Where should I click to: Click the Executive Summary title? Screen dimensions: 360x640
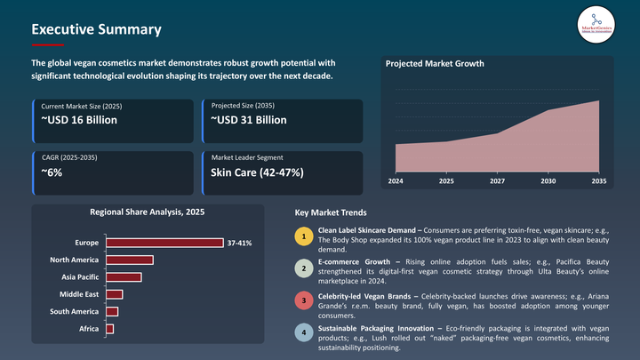click(96, 29)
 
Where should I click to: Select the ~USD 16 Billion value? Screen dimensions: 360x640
click(79, 120)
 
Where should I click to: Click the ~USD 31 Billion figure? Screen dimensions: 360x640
click(248, 120)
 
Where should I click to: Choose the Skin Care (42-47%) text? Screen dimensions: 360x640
click(257, 172)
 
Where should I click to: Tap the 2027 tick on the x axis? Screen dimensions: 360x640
click(497, 180)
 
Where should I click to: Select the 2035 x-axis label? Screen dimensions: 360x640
click(598, 180)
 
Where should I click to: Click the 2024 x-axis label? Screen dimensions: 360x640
click(396, 180)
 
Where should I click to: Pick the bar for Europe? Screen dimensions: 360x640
click(164, 243)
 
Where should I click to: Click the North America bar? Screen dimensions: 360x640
click(130, 260)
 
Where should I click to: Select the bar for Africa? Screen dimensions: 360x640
click(109, 329)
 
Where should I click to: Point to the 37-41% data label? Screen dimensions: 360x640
click(240, 243)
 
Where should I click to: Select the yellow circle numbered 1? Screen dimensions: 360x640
click(304, 237)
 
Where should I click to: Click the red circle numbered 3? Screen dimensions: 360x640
click(304, 301)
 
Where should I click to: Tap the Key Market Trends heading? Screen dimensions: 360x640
click(330, 213)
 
